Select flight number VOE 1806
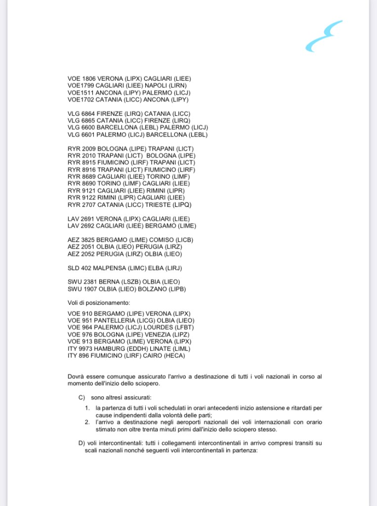pyautogui.click(x=82, y=79)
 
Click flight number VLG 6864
pyautogui.click(x=81, y=114)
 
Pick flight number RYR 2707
pyautogui.click(x=82, y=204)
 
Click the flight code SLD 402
pyautogui.click(x=80, y=268)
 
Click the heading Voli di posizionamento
pyautogui.click(x=98, y=303)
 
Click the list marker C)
pyautogui.click(x=82, y=397)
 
